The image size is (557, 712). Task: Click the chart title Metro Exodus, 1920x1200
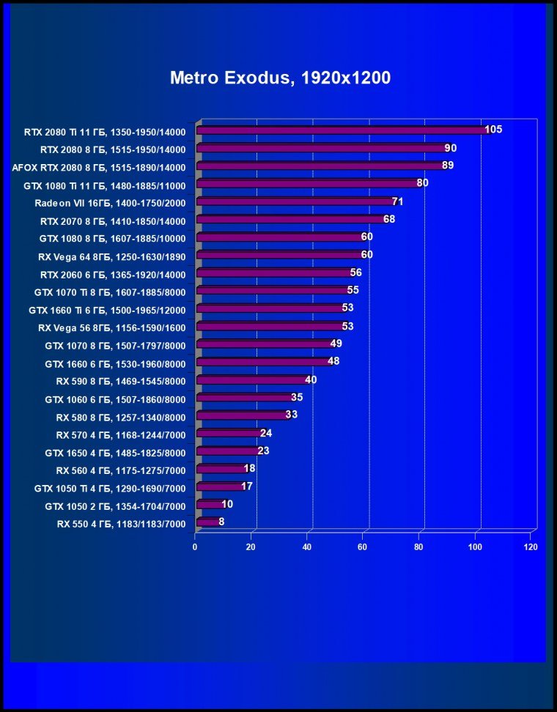280,78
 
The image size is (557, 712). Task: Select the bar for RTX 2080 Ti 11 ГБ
343,131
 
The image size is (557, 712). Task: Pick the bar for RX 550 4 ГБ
207,522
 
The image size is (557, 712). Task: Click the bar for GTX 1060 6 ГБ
245,398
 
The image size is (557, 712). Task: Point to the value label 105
493,130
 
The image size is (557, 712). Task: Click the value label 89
448,165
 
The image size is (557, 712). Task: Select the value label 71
398,201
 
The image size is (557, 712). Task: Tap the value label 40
311,379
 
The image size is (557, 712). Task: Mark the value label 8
222,522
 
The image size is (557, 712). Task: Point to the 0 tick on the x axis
195,547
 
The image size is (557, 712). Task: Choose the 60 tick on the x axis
363,547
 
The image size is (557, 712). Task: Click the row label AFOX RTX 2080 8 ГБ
99,167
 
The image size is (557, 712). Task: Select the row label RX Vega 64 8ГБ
112,257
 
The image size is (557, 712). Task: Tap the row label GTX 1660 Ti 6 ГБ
107,310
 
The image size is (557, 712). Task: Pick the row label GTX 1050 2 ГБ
115,506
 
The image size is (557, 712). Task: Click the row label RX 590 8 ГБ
121,381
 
